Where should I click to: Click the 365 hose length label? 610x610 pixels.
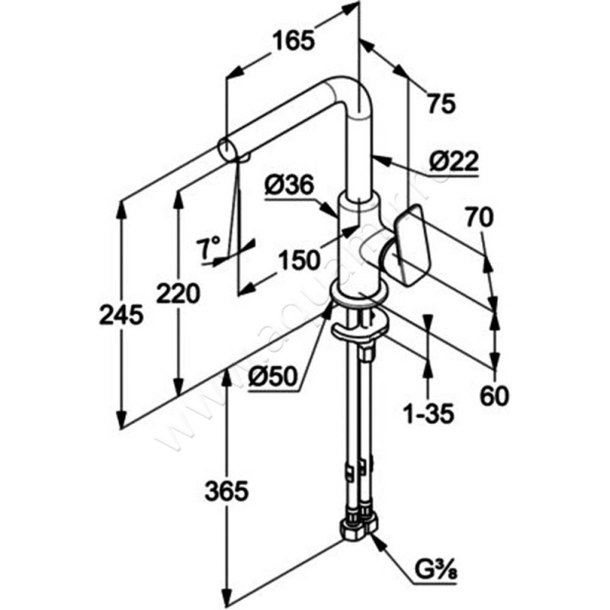226,491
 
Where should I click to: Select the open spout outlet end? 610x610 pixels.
227,148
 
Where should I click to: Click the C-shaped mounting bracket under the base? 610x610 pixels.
358,331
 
